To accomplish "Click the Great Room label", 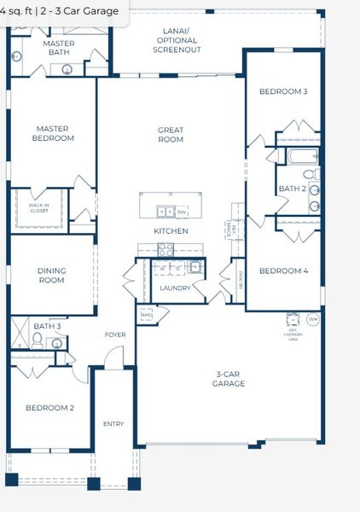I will [x=171, y=135].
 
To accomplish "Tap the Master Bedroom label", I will [x=52, y=134].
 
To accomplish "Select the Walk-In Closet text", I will [x=38, y=207].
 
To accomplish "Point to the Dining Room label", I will [x=51, y=276].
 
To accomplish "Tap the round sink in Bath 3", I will [x=57, y=344].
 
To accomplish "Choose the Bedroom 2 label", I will [x=49, y=408].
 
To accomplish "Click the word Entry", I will [x=113, y=424].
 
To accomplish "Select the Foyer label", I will [x=115, y=335].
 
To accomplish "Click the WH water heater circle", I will [x=312, y=319].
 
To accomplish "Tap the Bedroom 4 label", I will [x=283, y=271].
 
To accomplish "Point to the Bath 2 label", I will [x=292, y=189].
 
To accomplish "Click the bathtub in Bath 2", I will [x=302, y=156].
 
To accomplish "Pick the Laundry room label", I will [x=175, y=288].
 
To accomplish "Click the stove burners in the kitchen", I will [x=166, y=249].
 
